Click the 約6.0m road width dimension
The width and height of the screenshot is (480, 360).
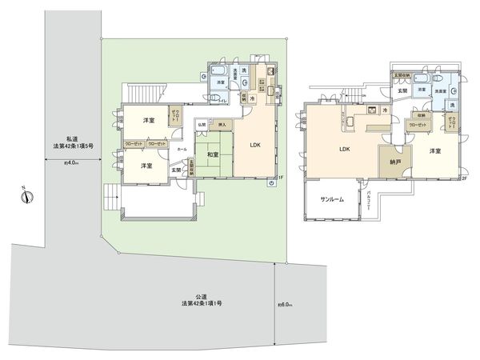pos(286,304)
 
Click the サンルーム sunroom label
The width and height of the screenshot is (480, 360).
pos(332,198)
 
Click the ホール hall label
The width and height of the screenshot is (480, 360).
pos(182,149)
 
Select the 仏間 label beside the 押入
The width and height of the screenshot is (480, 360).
pos(202,126)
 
